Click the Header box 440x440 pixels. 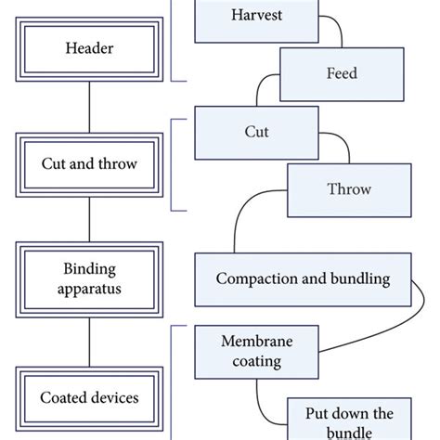[x=89, y=47]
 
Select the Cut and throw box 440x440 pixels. [x=89, y=164]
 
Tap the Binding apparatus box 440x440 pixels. [x=89, y=279]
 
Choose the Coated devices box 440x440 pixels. [x=89, y=398]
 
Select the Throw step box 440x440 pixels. [x=350, y=189]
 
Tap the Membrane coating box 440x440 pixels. [x=252, y=352]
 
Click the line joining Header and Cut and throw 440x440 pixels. [x=89, y=107]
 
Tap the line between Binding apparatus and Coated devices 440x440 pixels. [x=89, y=338]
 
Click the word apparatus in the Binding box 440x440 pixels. [x=89, y=289]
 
